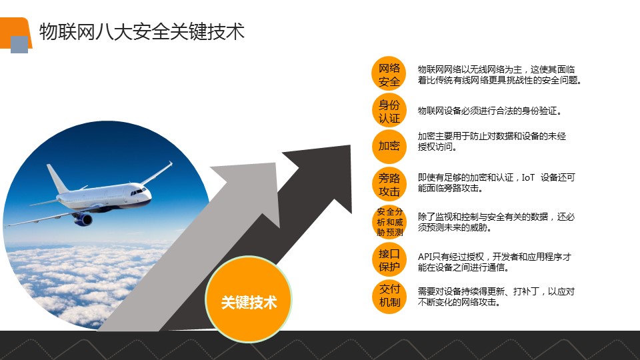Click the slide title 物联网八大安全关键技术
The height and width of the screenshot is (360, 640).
(x=141, y=32)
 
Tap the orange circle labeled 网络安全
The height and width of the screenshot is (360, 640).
(x=389, y=74)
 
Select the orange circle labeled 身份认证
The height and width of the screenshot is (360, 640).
(x=389, y=111)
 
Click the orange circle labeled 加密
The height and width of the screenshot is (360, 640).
(x=389, y=147)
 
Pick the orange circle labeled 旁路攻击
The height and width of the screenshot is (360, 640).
(x=389, y=184)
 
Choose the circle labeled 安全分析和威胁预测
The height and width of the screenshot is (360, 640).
(x=389, y=221)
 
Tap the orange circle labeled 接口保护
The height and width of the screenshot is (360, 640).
(x=389, y=260)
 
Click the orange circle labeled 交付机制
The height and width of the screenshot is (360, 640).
(x=389, y=296)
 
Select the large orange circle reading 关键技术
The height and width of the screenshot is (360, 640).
(x=249, y=299)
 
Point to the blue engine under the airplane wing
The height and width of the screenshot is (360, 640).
(x=83, y=219)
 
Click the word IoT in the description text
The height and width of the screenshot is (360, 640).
(x=528, y=177)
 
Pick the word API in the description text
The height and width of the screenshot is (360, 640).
(x=425, y=257)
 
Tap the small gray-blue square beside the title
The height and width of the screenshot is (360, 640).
(x=19, y=45)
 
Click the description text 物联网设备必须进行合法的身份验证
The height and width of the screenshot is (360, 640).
(x=489, y=111)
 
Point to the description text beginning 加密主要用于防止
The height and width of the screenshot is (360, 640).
(x=492, y=141)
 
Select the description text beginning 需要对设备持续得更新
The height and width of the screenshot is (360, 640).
(x=496, y=297)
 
